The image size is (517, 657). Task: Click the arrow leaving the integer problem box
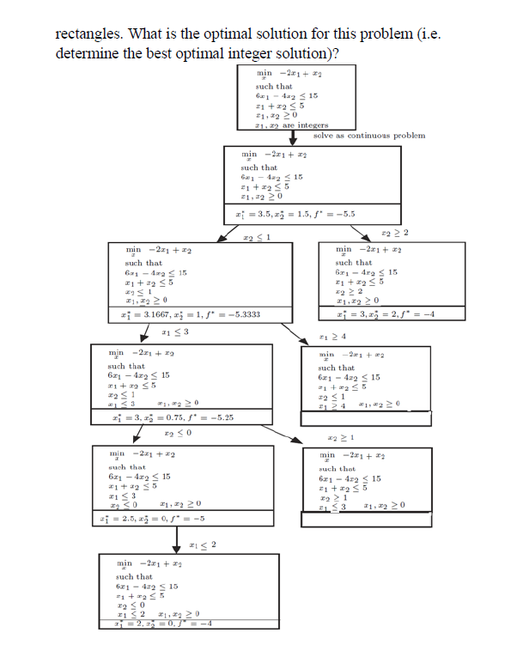[x=292, y=138]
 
